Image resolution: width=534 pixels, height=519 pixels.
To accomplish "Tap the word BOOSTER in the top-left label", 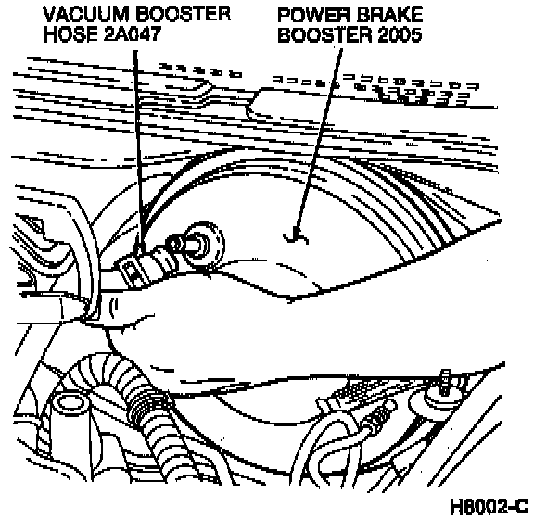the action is [x=184, y=15].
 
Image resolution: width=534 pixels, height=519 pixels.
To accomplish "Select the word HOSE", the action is [x=70, y=34].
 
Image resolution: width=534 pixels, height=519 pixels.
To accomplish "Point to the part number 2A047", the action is [x=132, y=34].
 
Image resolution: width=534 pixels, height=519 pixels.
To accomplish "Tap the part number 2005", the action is [x=400, y=35].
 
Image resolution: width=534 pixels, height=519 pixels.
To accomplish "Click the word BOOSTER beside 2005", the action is [x=324, y=35].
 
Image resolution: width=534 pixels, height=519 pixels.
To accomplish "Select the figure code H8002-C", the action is [x=489, y=506].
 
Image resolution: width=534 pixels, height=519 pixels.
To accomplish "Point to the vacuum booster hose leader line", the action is [x=138, y=152].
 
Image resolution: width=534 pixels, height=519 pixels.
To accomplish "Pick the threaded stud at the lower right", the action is [x=446, y=382].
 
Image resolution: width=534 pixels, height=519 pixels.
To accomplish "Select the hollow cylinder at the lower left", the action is [x=70, y=405].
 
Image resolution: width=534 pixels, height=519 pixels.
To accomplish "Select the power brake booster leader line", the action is [x=319, y=143].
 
